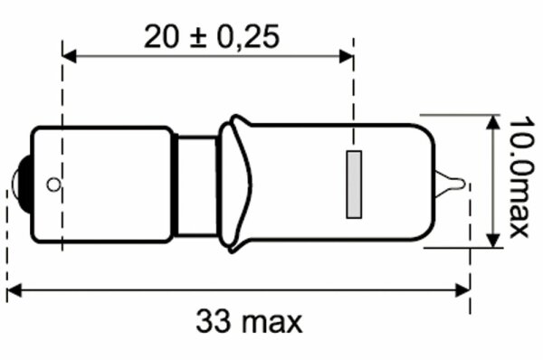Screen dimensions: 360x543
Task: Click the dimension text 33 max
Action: [x=249, y=321]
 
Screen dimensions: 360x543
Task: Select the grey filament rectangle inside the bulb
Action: [x=355, y=184]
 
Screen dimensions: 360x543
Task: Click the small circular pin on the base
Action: [x=53, y=185]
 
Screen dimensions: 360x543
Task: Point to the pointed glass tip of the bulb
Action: [x=462, y=185]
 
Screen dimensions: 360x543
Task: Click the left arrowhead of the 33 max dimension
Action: [x=13, y=290]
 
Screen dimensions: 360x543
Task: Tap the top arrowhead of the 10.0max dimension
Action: [x=492, y=121]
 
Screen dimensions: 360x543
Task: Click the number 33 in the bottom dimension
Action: [x=214, y=321]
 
